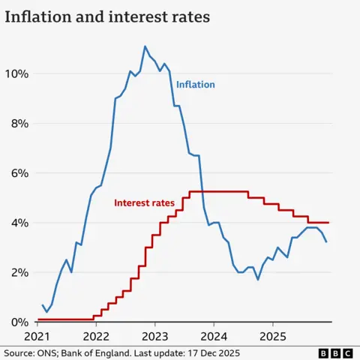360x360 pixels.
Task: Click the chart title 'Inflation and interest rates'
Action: coord(107,16)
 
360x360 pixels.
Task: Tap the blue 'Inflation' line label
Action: coord(196,85)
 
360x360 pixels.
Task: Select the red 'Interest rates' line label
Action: coord(144,202)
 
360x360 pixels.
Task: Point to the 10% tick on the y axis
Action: coord(16,73)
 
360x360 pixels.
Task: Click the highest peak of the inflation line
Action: coord(145,46)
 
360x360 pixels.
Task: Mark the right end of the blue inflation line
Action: coord(326,241)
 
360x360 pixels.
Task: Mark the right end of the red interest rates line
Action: coord(328,222)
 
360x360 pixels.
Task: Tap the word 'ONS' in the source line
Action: coord(49,352)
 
